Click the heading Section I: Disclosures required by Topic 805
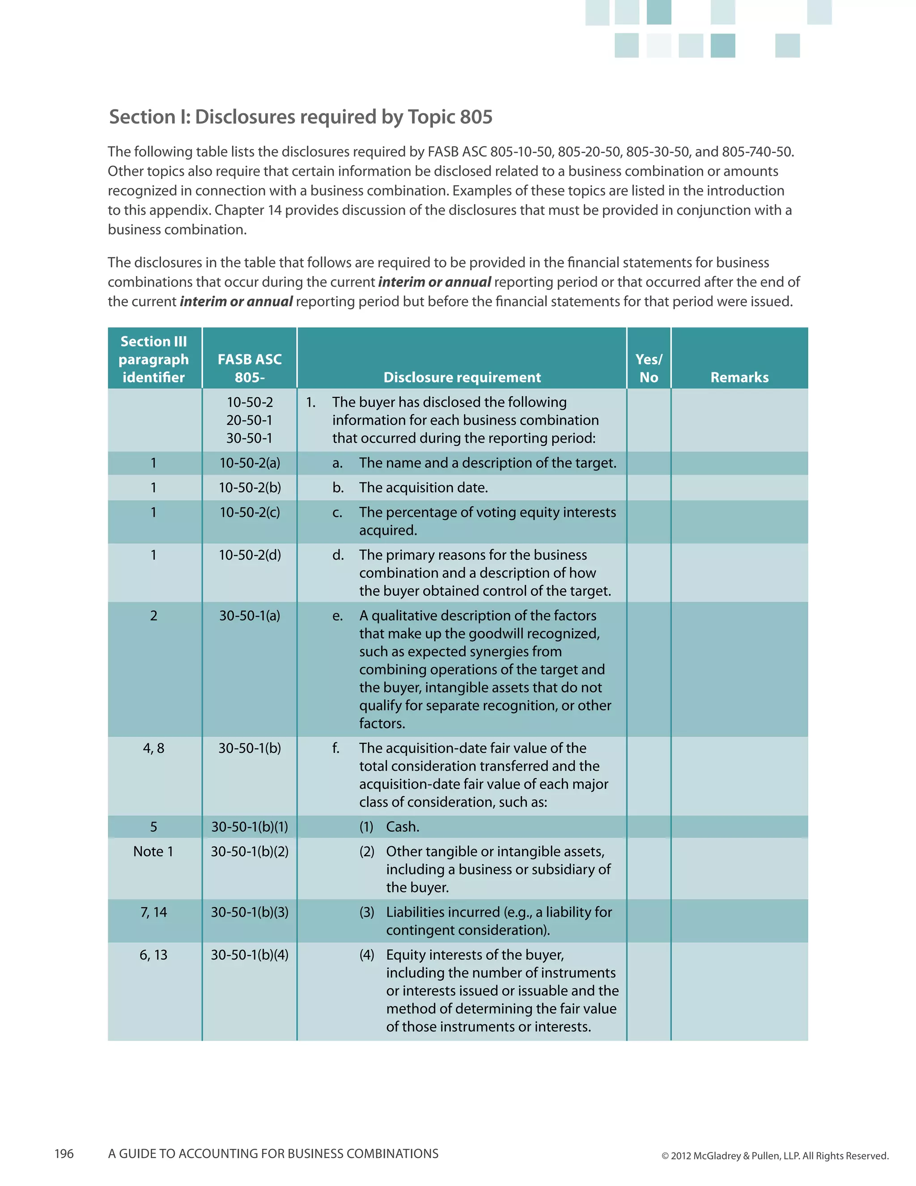301,117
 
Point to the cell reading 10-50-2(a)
250,463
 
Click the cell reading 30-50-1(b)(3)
250,912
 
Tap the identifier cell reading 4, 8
153,748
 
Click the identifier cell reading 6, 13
153,954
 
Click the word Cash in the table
402,827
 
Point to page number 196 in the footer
64,1153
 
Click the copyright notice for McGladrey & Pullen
775,1156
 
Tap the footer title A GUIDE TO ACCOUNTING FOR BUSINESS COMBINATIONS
273,1153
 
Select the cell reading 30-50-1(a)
250,615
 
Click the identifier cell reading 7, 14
153,912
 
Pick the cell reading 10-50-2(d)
250,555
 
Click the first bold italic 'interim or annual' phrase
435,282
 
